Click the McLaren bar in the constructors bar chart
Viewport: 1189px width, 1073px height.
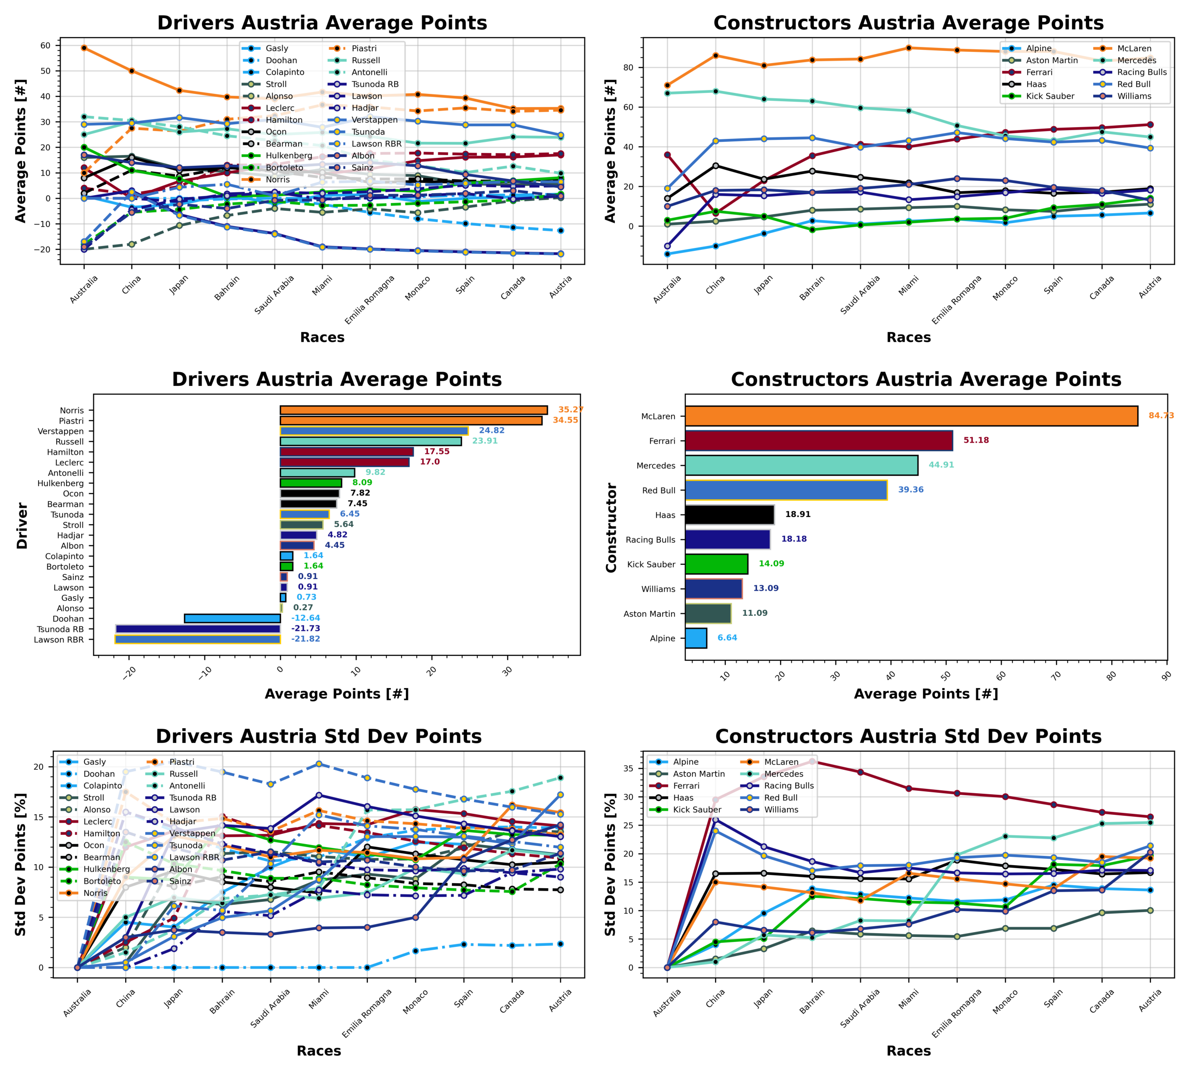click(x=911, y=416)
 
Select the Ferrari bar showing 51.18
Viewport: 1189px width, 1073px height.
click(x=818, y=441)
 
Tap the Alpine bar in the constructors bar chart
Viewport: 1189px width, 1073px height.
click(x=695, y=638)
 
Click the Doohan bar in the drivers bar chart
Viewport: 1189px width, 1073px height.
click(x=232, y=619)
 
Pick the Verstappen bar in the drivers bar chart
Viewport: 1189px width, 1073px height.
click(x=374, y=431)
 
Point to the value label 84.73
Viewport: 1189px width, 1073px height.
click(x=1161, y=416)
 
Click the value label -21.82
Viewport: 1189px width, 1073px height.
click(x=305, y=639)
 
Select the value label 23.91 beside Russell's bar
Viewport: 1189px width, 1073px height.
click(x=485, y=441)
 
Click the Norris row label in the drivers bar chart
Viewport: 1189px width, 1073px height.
click(x=72, y=410)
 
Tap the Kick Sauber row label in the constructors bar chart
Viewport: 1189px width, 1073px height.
click(x=651, y=564)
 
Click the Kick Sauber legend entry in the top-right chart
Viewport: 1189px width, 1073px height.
click(x=1049, y=96)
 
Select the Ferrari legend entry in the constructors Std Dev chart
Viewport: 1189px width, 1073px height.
click(x=686, y=786)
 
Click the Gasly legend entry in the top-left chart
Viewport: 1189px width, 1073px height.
click(x=276, y=48)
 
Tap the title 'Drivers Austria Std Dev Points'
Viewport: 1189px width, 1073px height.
click(x=318, y=737)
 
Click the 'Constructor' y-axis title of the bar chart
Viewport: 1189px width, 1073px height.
click(x=611, y=527)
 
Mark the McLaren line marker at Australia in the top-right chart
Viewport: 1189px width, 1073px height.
click(x=667, y=86)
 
